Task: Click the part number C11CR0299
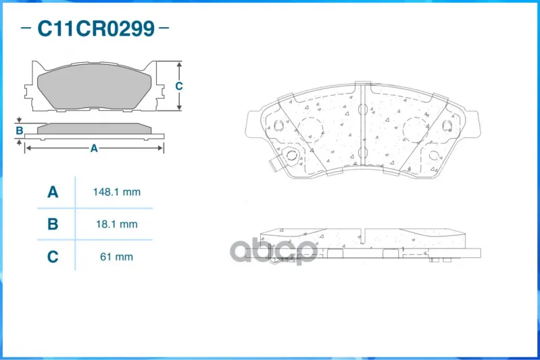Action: click(96, 28)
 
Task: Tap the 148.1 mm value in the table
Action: click(117, 192)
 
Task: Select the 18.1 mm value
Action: click(117, 224)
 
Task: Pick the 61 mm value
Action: click(116, 257)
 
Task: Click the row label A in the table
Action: click(53, 192)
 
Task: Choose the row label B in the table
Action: click(53, 224)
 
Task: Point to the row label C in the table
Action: click(53, 257)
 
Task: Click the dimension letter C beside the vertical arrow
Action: click(178, 86)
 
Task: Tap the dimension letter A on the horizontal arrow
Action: click(94, 149)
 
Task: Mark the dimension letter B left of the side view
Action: click(20, 130)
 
